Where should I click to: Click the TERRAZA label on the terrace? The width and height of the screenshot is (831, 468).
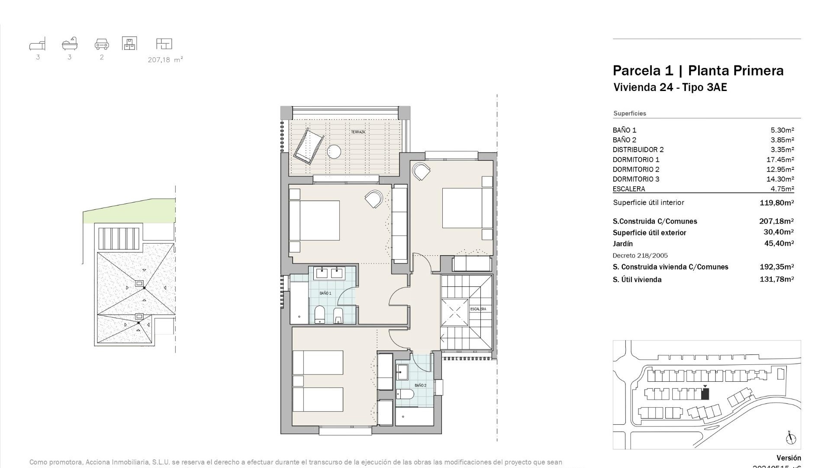point(358,132)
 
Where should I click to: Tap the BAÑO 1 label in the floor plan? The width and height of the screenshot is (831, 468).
point(325,293)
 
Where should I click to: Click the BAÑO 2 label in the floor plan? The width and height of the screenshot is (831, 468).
point(420,385)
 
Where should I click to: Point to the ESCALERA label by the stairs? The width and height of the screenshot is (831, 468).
point(478,309)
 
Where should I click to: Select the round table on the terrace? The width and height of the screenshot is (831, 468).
point(334,152)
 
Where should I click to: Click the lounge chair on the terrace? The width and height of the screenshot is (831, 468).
point(309,146)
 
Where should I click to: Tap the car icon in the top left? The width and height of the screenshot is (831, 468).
point(102,44)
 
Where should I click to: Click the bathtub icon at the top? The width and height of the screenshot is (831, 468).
point(70,43)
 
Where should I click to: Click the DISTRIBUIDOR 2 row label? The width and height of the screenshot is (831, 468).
point(638,149)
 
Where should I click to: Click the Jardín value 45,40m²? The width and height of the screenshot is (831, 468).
point(779,244)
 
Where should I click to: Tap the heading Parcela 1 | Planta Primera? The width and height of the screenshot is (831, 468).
point(698,71)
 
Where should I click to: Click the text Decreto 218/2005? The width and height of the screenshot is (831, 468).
point(640,256)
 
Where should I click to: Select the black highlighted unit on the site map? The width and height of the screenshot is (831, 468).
point(705,394)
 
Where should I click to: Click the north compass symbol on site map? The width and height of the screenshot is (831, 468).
point(790,439)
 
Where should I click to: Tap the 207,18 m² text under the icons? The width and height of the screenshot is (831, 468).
point(165,60)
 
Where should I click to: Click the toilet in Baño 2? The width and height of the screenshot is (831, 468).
point(405,394)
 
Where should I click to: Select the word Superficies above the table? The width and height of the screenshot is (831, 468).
point(629,114)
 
